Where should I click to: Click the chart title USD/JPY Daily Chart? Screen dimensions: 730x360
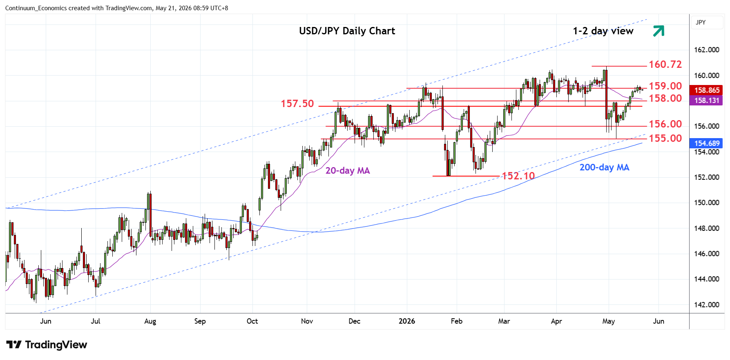pos(347,31)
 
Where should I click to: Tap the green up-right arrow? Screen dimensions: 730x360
pos(659,31)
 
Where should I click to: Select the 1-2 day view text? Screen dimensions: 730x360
pos(603,31)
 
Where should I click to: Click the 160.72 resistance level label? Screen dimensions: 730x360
pos(665,64)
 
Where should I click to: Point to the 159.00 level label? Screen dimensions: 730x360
pos(665,86)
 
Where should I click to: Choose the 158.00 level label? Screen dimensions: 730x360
pos(665,98)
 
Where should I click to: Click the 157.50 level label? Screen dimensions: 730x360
pos(297,104)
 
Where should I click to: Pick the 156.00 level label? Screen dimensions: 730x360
pos(665,124)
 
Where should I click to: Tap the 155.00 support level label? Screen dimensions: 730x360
pos(665,138)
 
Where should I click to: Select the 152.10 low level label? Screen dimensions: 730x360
pos(518,176)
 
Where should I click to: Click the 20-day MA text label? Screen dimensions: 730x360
pos(348,171)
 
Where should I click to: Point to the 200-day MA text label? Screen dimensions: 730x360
pos(604,168)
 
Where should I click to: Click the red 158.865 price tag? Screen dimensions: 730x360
pos(706,90)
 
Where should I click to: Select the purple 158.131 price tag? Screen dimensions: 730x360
pos(706,101)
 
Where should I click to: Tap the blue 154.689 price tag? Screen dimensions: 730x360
pos(706,143)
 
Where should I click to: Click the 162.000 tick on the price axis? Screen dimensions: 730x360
pos(707,50)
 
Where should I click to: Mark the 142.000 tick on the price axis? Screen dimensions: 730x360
pos(707,305)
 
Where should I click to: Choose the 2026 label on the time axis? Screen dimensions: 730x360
pos(407,321)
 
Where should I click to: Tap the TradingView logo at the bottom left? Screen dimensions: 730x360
pos(47,345)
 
